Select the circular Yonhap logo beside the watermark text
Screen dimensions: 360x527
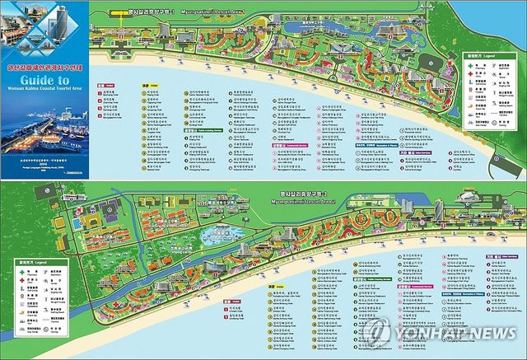click(x=378, y=331)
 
